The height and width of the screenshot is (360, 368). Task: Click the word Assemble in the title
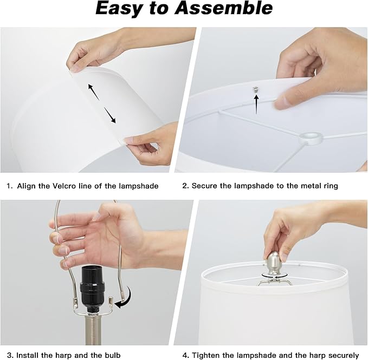(224, 8)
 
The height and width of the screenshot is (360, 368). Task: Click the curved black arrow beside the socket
(124, 297)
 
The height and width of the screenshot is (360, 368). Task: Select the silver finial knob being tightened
(273, 263)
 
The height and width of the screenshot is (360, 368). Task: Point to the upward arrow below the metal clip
(256, 104)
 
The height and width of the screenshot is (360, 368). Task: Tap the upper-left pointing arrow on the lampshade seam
(94, 92)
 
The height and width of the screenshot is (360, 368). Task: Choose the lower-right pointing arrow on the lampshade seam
(110, 115)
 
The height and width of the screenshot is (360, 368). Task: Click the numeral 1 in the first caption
(9, 186)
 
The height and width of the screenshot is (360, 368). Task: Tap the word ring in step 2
(331, 186)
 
